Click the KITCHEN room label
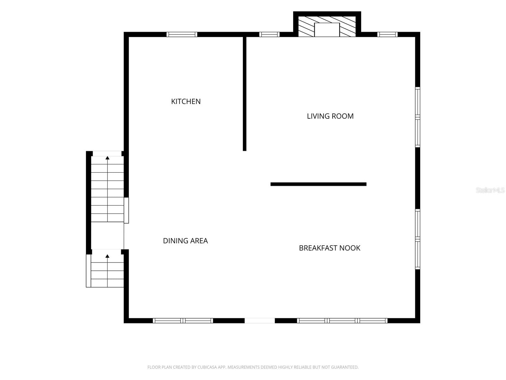[x=186, y=102]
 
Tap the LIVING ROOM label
[x=330, y=116]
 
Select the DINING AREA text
[x=185, y=241]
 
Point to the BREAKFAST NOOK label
[x=330, y=248]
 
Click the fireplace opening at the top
[x=327, y=30]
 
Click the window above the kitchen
[x=182, y=35]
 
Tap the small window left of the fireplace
[x=269, y=35]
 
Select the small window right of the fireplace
[x=387, y=35]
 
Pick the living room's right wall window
[x=417, y=117]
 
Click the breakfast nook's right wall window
[x=417, y=239]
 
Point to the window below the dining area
[x=183, y=320]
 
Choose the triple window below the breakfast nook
[x=342, y=320]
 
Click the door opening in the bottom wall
[x=260, y=320]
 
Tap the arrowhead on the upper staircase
[x=108, y=158]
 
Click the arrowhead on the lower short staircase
[x=108, y=256]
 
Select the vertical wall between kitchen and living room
[x=244, y=94]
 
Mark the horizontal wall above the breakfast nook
[x=318, y=184]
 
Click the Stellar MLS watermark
[x=490, y=190]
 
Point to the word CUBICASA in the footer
[x=206, y=367]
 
